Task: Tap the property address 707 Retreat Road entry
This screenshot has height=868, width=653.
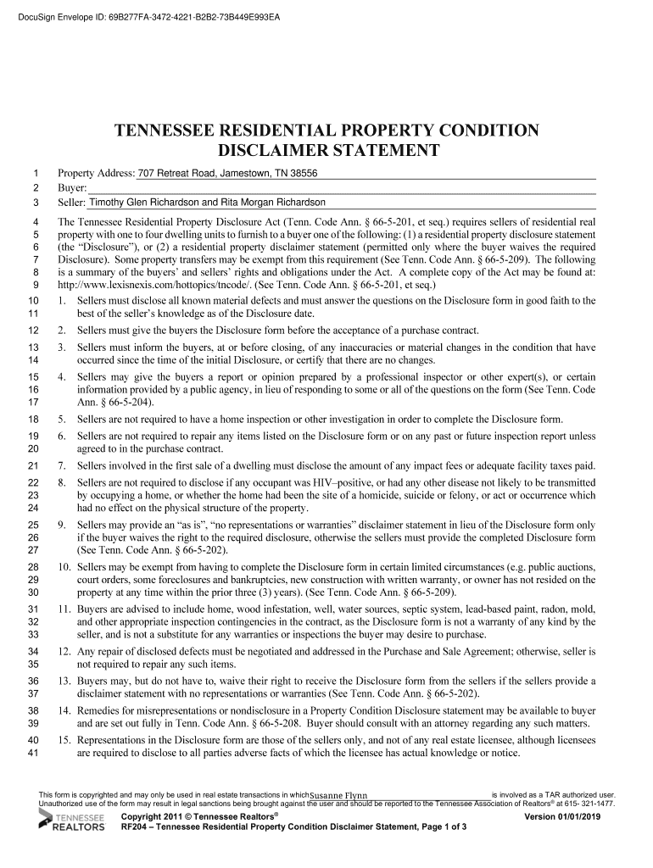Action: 228,173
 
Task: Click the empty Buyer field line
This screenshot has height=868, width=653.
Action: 339,188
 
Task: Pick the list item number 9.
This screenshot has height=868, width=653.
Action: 62,526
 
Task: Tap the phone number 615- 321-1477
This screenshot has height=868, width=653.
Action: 590,804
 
